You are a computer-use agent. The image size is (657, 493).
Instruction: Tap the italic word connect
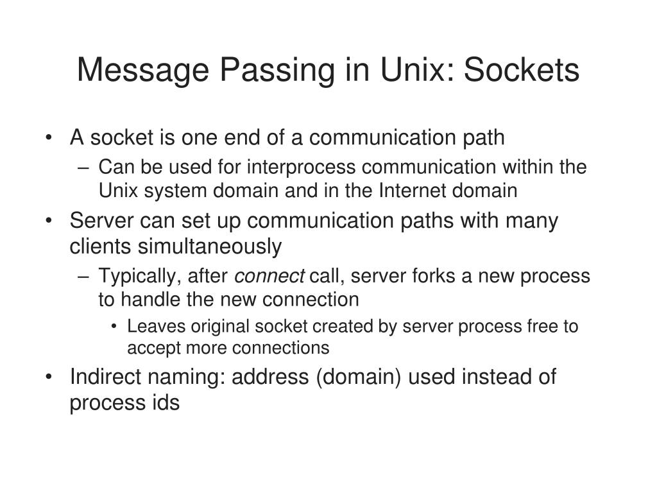pyautogui.click(x=269, y=277)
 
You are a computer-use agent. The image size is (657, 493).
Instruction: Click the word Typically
pyautogui.click(x=137, y=277)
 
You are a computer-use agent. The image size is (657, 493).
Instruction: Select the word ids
pyautogui.click(x=166, y=402)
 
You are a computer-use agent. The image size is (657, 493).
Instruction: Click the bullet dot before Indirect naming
pyautogui.click(x=50, y=377)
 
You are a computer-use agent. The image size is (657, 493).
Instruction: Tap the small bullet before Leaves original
pyautogui.click(x=114, y=327)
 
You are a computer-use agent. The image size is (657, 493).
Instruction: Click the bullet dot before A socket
pyautogui.click(x=50, y=138)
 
